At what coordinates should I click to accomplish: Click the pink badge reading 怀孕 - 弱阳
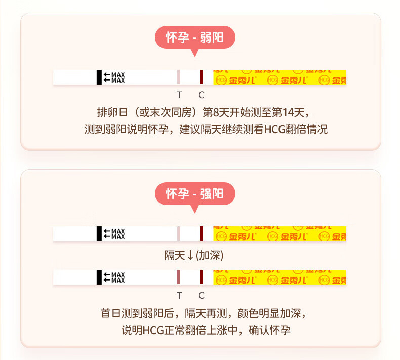(x=195, y=37)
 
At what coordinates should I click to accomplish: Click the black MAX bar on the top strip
(x=99, y=77)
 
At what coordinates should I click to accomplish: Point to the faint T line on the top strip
(x=179, y=77)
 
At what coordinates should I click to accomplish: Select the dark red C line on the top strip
(x=202, y=77)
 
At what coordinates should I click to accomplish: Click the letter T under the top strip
(x=179, y=95)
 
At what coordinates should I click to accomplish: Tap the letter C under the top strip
(x=202, y=95)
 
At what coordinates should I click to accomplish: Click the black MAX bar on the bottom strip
(x=99, y=277)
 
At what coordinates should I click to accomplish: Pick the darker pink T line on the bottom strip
(x=179, y=277)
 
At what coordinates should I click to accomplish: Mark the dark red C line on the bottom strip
(x=202, y=277)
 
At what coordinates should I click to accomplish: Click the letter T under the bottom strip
(x=179, y=295)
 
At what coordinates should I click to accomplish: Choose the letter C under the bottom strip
(x=202, y=295)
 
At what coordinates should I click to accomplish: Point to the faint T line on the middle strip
(x=179, y=233)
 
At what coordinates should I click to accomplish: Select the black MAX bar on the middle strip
(x=99, y=233)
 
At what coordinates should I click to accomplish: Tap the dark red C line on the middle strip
(x=202, y=233)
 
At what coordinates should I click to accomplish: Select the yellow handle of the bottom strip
(x=279, y=277)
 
